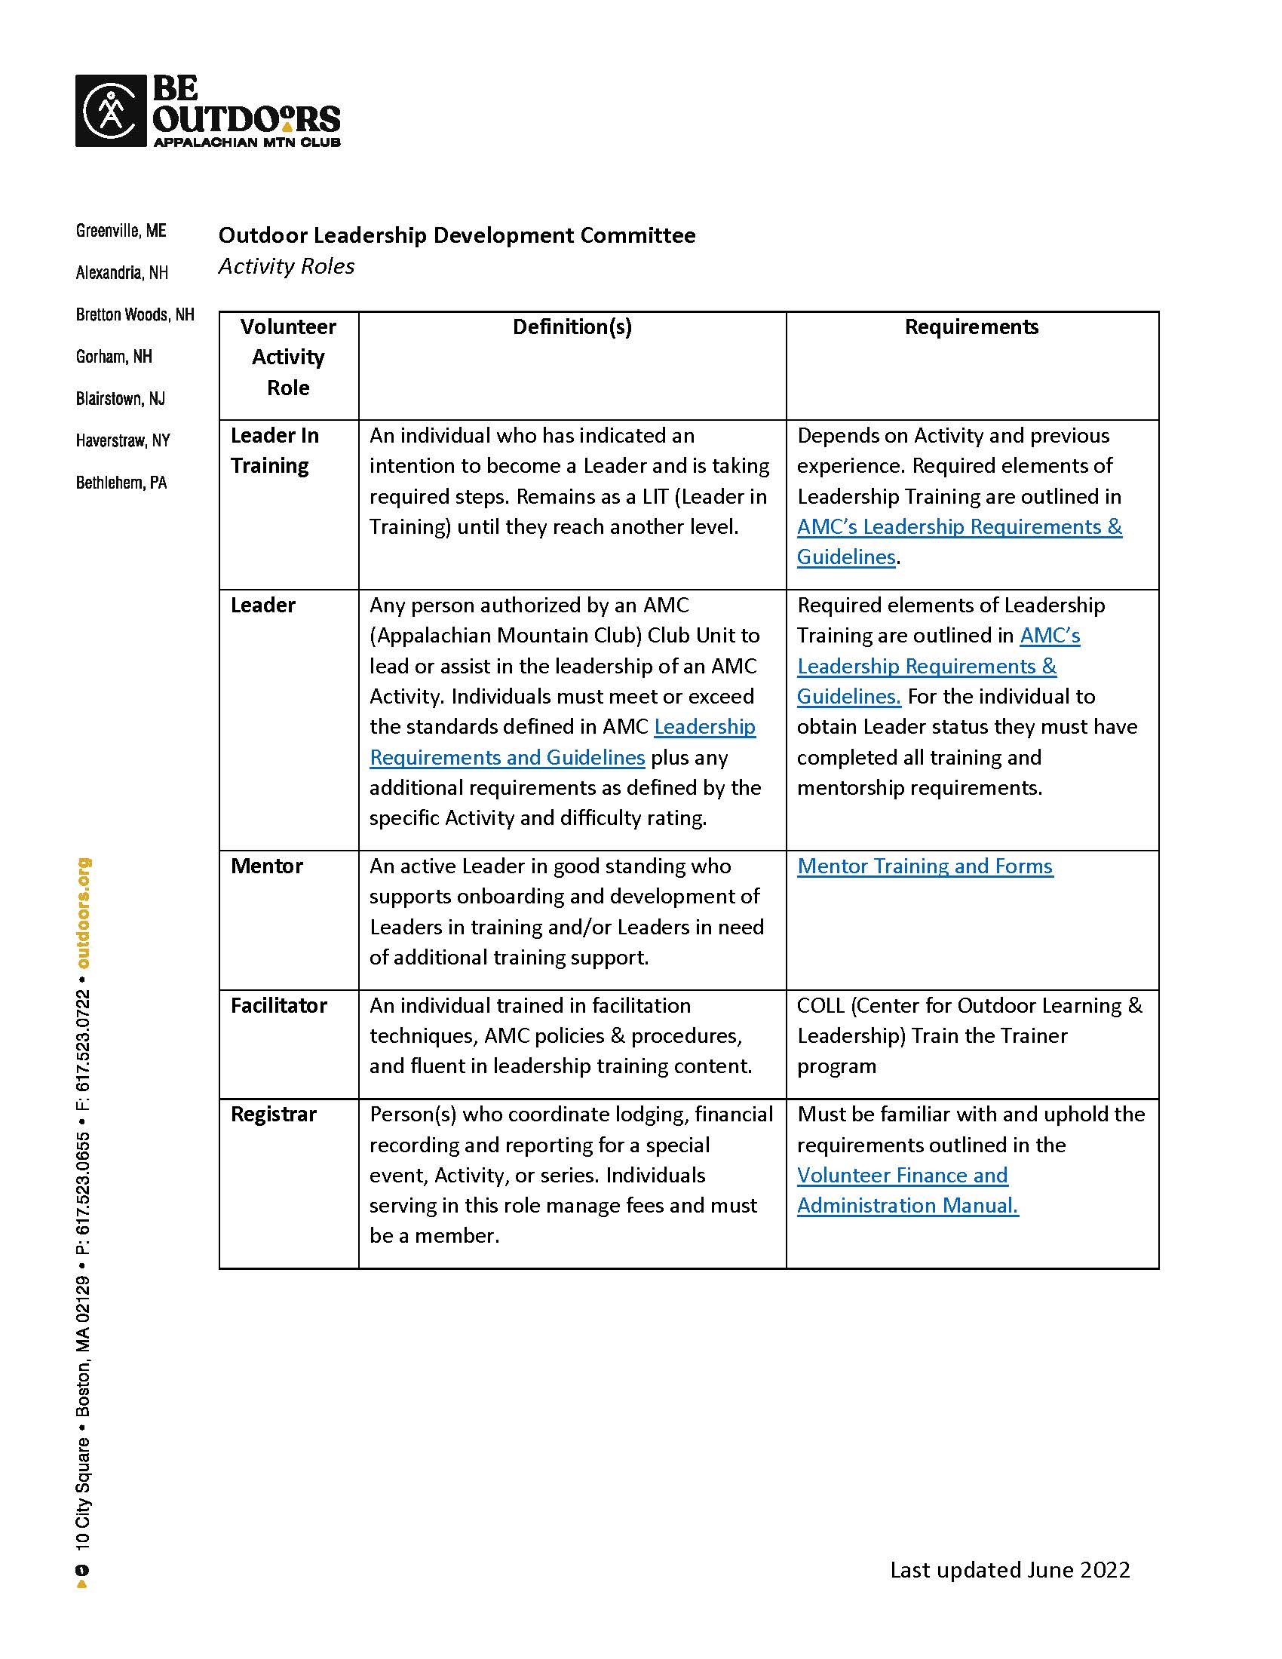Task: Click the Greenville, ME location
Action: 121,230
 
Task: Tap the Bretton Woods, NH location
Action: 134,314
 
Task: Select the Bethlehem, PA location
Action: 121,483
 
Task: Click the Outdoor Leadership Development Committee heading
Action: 456,235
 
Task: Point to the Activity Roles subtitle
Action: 287,267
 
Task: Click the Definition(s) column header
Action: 572,327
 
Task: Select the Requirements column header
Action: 971,327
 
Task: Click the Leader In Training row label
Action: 274,450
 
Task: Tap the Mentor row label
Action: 266,866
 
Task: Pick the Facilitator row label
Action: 279,1005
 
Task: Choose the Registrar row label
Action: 274,1114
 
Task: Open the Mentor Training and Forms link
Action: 925,866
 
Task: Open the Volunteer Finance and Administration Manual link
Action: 906,1190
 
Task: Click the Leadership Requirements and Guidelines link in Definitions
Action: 562,742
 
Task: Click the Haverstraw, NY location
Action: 122,440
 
